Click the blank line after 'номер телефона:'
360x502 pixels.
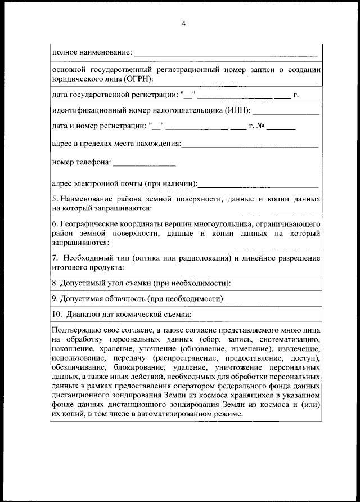[145, 165]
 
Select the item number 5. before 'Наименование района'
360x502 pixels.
[54, 199]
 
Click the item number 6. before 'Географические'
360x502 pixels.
[54, 225]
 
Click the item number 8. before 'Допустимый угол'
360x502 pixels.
[54, 283]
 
